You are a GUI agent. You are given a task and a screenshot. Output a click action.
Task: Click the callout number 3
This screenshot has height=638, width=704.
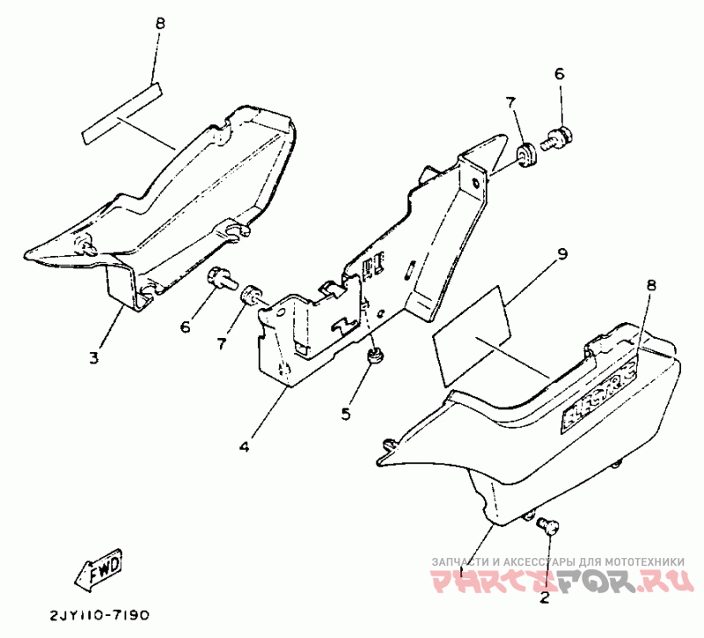94,357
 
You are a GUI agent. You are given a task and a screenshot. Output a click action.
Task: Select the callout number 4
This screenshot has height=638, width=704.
244,446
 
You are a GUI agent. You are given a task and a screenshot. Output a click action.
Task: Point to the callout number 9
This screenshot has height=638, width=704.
563,254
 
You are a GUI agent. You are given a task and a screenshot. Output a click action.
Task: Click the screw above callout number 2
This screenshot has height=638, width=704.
545,524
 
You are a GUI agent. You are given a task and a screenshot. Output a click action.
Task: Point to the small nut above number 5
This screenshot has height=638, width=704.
375,356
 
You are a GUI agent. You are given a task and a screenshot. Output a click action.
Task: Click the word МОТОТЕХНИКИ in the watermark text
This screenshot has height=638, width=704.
639,561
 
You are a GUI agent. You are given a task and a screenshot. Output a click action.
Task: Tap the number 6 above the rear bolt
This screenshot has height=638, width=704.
559,74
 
